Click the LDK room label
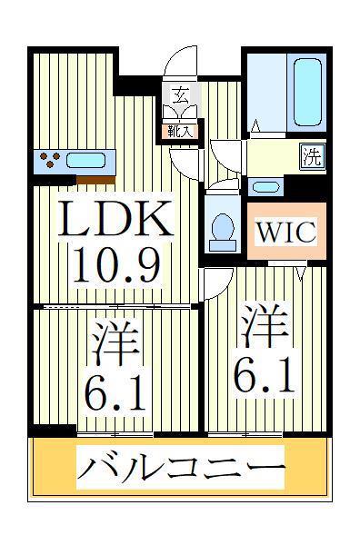(115, 219)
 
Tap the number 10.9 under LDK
(116, 265)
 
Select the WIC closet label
(287, 232)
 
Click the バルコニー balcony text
(181, 468)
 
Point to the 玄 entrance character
(181, 94)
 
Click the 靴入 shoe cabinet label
(180, 132)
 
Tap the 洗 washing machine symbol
(313, 157)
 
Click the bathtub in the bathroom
(307, 92)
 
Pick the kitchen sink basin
(85, 161)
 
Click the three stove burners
(50, 160)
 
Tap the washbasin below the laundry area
(265, 187)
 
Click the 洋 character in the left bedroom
(115, 343)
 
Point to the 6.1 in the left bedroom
(115, 395)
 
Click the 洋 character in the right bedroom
(265, 324)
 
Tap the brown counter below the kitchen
(95, 180)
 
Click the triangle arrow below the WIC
(301, 272)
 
